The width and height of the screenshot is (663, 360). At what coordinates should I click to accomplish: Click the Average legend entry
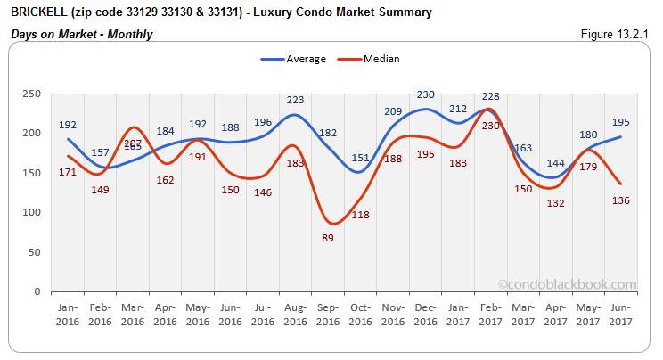293,59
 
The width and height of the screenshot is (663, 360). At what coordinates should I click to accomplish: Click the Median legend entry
369,59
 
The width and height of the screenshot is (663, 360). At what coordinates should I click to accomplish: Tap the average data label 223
295,100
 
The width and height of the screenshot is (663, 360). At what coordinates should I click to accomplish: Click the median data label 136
620,200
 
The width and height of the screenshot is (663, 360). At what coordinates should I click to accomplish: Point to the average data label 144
556,163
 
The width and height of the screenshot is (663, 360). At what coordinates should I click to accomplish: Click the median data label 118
362,214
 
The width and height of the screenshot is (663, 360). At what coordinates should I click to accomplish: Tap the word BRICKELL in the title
37,12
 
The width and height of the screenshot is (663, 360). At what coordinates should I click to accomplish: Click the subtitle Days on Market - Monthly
82,34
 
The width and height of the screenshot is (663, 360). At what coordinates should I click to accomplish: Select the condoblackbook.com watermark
567,285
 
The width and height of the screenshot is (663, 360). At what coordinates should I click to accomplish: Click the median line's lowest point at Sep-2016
331,223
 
